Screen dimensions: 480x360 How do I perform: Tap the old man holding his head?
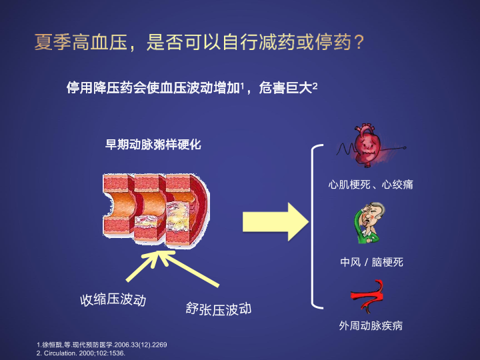[370, 223]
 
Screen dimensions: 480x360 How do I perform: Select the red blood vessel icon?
[367, 297]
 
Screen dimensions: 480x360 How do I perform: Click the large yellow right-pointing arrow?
[275, 222]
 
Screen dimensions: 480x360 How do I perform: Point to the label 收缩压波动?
[113, 300]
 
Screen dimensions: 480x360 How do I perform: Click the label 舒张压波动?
[219, 309]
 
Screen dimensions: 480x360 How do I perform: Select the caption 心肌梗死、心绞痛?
[371, 185]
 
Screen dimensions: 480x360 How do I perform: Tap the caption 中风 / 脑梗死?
[371, 262]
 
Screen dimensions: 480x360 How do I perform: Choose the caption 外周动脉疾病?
[371, 326]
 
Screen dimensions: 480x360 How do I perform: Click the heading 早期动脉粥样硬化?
[153, 145]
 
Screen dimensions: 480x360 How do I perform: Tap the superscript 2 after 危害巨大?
[315, 85]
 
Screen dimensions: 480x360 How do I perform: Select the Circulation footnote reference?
[81, 353]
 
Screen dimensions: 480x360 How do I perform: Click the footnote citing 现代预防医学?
[101, 345]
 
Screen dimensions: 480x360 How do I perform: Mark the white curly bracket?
[317, 227]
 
